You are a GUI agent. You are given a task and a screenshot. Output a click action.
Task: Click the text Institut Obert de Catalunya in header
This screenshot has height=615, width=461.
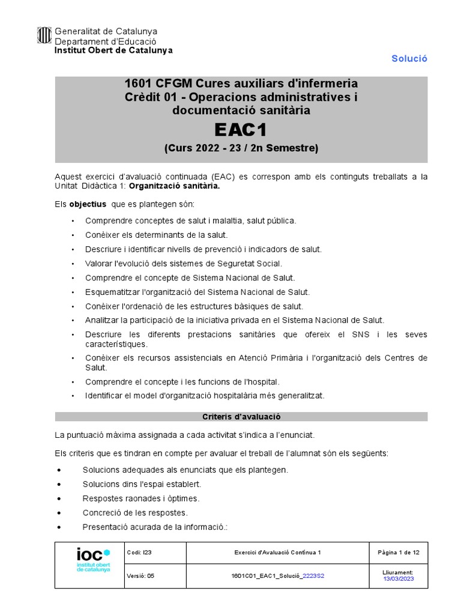tap(113, 50)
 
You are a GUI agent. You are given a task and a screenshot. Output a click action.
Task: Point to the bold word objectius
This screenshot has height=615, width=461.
tap(87, 204)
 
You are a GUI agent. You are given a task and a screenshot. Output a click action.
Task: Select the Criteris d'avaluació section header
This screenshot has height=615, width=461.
tap(241, 416)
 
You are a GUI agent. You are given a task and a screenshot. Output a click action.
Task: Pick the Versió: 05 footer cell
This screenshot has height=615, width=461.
tap(142, 575)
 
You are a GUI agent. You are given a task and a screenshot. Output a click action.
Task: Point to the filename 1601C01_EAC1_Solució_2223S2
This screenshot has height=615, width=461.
tap(277, 575)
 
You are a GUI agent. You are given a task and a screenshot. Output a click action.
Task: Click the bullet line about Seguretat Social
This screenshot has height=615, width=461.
tap(183, 263)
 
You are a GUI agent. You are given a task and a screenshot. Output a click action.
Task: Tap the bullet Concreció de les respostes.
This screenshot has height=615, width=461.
tap(135, 513)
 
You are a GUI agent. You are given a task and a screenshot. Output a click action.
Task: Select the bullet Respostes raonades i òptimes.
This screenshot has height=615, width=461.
tap(140, 498)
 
